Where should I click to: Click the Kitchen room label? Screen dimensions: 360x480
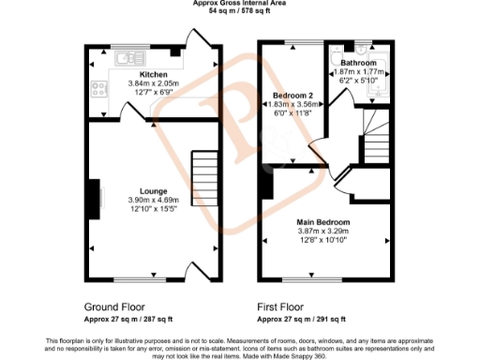[x=154, y=74]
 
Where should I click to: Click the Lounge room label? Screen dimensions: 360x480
[x=153, y=189]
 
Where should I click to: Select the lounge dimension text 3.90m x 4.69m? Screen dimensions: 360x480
[x=153, y=199]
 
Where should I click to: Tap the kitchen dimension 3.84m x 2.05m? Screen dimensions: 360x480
[x=154, y=82]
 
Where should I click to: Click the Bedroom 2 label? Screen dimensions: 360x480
[x=292, y=96]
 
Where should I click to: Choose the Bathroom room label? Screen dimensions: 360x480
[x=357, y=63]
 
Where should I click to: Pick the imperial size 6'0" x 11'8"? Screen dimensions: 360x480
[x=292, y=112]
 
